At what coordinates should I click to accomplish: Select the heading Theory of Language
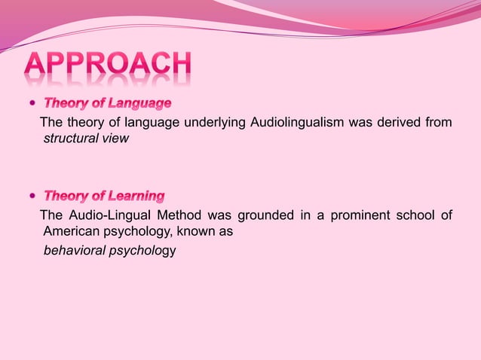coord(107,102)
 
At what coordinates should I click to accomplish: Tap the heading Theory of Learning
coord(104,197)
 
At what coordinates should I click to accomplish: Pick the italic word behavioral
coord(74,250)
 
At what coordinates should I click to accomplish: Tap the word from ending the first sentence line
coord(439,123)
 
